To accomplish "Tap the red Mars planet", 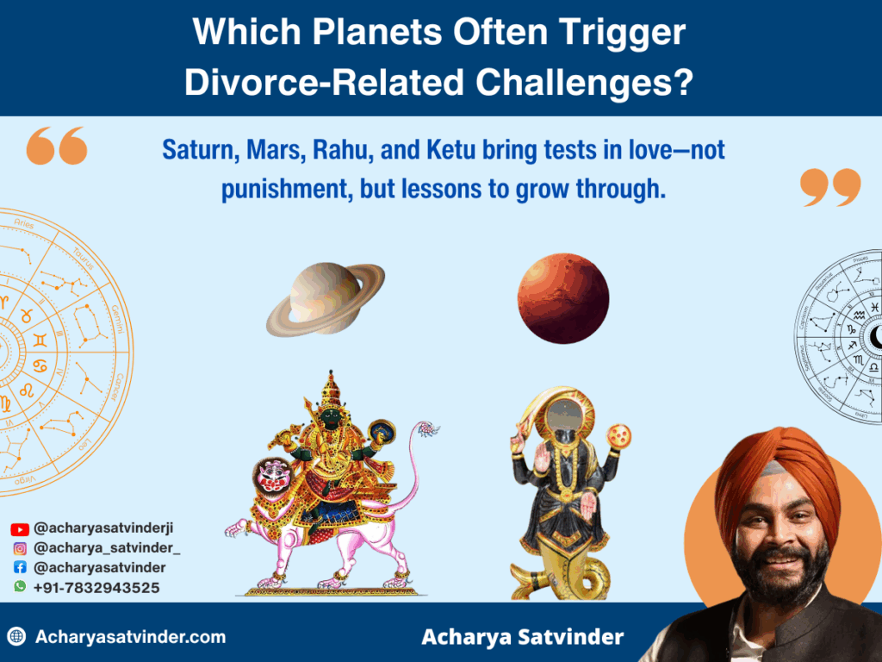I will point(563,298).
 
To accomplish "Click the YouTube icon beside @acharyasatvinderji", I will point(19,528).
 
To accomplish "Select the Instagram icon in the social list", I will point(19,548).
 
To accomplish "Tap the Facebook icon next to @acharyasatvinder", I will point(19,568).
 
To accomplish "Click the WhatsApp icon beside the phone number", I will point(19,587).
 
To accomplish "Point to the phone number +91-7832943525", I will point(96,587).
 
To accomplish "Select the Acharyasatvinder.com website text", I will point(130,637).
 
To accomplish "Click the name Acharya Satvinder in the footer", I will point(522,637).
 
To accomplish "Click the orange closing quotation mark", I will point(829,187).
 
